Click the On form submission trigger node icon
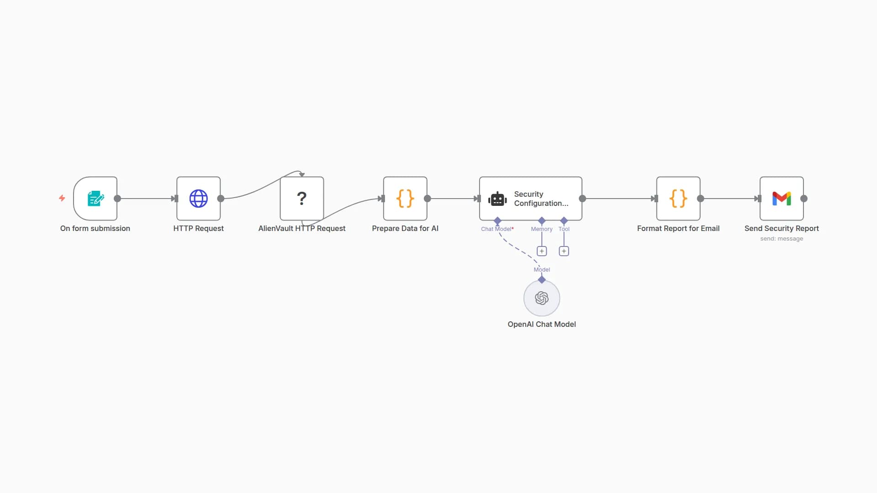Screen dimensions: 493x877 (x=95, y=199)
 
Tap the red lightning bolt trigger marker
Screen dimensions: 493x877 (x=62, y=198)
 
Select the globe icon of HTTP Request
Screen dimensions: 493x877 (x=198, y=199)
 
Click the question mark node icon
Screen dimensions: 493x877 (x=301, y=199)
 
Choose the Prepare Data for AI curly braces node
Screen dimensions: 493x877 (x=405, y=199)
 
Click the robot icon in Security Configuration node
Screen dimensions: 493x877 (x=497, y=199)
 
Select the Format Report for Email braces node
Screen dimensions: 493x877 (x=678, y=199)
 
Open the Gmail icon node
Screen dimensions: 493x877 (x=782, y=199)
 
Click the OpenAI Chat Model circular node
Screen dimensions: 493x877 (x=542, y=298)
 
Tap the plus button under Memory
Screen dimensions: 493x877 (x=542, y=251)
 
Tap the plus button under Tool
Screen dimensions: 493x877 (x=564, y=251)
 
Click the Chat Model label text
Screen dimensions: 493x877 (x=497, y=229)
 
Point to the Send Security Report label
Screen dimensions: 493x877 (x=782, y=228)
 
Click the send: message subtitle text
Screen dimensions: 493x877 (x=782, y=239)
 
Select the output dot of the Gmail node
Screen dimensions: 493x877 (x=804, y=199)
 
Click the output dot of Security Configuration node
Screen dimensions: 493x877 (x=582, y=199)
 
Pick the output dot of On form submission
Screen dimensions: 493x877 (x=117, y=199)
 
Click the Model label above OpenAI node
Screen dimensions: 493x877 (x=542, y=270)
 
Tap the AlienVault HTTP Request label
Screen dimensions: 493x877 (x=301, y=228)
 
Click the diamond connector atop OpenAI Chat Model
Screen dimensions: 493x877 (x=542, y=279)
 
